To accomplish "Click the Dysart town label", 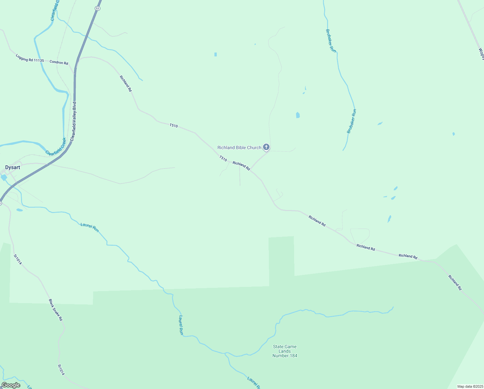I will tap(13, 168).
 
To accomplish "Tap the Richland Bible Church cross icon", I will tap(266, 147).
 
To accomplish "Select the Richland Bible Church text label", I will tap(239, 147).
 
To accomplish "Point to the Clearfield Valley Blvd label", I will tap(73, 121).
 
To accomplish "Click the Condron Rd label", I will tap(59, 63).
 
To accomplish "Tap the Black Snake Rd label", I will tap(55, 310).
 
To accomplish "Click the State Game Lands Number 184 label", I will tap(285, 351).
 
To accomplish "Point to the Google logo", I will tap(11, 385).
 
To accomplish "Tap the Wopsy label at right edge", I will tap(481, 54).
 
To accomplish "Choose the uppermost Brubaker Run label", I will tap(331, 41).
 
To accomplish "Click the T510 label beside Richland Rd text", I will tap(223, 159).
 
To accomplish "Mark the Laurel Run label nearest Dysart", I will tap(90, 227).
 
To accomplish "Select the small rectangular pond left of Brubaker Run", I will tap(298, 115).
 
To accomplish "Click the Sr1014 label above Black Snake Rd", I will tap(17, 259).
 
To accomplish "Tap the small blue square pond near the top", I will tap(215, 54).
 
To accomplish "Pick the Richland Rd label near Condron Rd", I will tap(126, 84).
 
